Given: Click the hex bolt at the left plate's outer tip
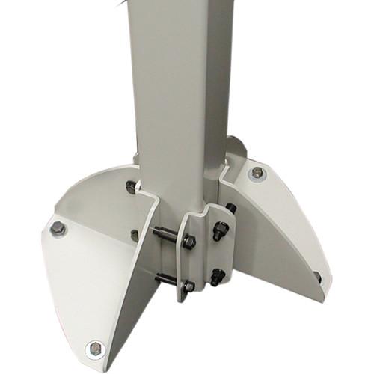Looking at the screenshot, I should click(x=57, y=228).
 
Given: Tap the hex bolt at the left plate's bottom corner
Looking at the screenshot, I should click(x=95, y=349).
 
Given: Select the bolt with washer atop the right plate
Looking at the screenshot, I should click(x=257, y=174).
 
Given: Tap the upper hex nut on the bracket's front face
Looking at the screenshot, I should click(x=188, y=242).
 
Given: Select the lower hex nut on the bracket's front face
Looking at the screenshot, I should click(x=188, y=286).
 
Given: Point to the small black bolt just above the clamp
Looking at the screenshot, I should click(x=230, y=209).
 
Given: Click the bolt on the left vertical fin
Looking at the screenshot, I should click(x=135, y=235).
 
